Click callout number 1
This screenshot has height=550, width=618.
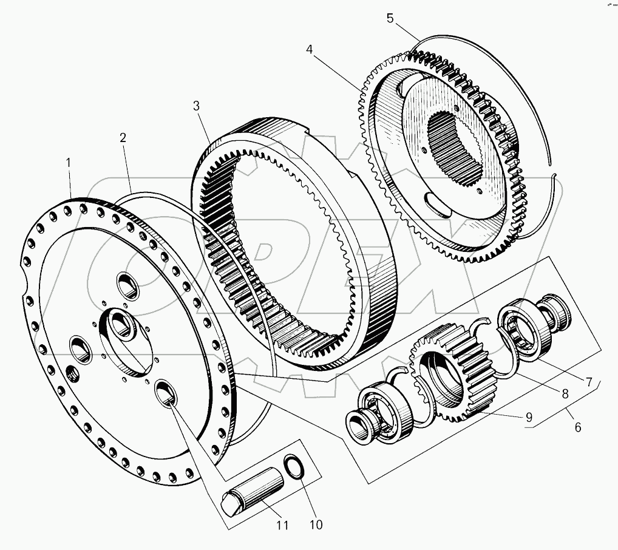coord(69,163)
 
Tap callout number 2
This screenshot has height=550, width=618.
coord(123,138)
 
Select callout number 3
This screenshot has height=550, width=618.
coord(196,106)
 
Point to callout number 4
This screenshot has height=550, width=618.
coord(310,50)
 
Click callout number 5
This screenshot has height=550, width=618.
coord(390,18)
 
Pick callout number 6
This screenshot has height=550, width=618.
coord(577,427)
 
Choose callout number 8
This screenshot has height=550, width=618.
coord(565,393)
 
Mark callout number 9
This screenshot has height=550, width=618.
coord(529,417)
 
